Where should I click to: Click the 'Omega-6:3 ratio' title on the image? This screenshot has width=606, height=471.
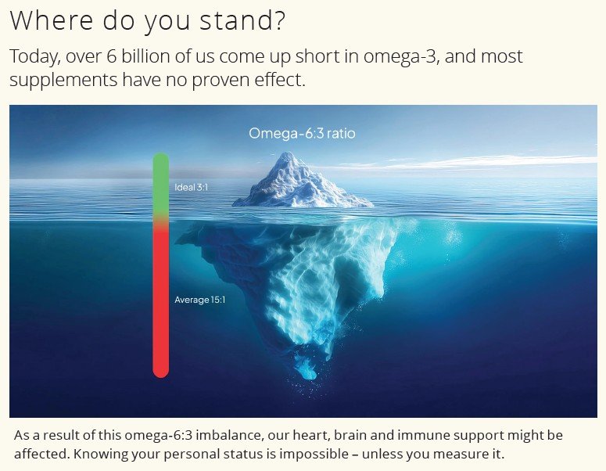(x=302, y=134)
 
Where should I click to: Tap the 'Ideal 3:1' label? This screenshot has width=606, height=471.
(x=192, y=187)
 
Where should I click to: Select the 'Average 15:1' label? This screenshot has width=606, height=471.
(x=200, y=300)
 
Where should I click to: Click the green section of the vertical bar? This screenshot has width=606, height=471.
(x=161, y=185)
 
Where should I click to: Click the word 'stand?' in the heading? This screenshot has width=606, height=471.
(x=242, y=20)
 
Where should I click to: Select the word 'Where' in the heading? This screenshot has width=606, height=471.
(x=51, y=20)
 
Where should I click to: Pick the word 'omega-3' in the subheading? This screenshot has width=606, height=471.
(x=402, y=57)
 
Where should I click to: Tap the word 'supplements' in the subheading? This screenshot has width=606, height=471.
(x=63, y=81)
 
